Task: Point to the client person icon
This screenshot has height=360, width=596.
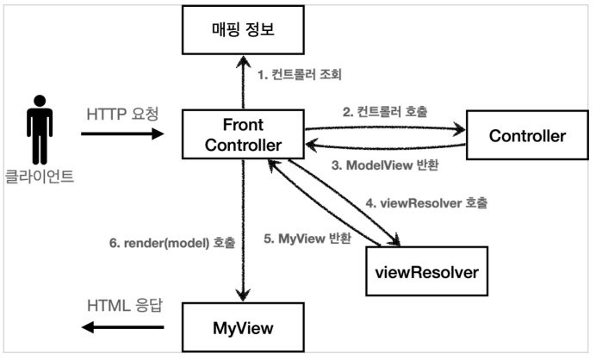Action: (x=40, y=130)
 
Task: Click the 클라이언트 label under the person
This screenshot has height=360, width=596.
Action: (x=39, y=177)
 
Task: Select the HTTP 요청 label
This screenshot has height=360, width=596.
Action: (x=122, y=114)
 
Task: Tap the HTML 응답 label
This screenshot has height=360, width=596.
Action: (x=125, y=305)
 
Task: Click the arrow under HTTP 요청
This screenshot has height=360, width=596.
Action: (x=122, y=133)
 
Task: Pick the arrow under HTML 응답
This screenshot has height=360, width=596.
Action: (x=123, y=327)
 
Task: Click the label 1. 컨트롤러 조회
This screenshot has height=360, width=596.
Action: (x=300, y=75)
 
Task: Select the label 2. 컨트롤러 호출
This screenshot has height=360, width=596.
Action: (x=385, y=112)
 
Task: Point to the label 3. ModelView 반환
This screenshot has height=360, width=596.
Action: (x=385, y=165)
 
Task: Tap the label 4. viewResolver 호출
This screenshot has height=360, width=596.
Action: (x=426, y=203)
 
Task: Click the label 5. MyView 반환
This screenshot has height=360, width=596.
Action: (x=307, y=239)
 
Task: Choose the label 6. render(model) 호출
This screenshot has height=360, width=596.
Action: (x=172, y=243)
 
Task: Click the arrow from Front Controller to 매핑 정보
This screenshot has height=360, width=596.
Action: (x=243, y=82)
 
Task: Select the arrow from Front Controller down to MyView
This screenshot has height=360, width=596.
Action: (x=243, y=230)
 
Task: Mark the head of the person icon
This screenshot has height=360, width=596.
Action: (x=40, y=101)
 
